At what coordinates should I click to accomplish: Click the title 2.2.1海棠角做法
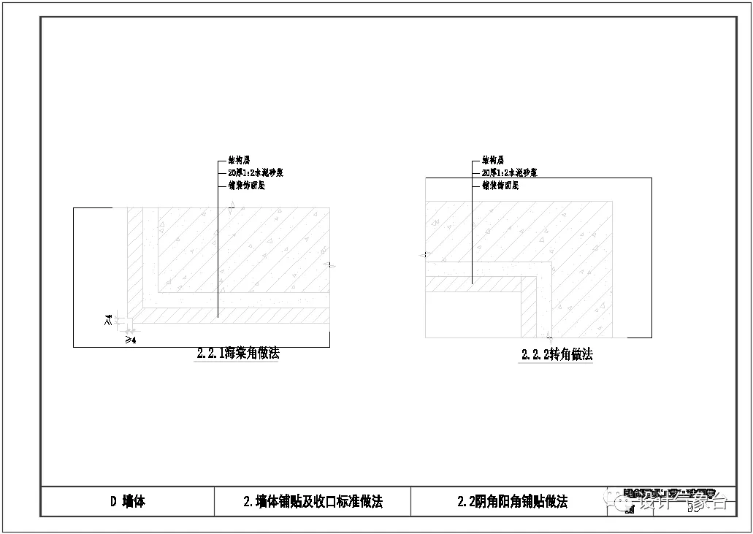238,354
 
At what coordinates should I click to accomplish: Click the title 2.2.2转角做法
557,355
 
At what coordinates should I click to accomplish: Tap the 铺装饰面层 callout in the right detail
500,186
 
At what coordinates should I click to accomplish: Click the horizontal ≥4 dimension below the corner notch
131,340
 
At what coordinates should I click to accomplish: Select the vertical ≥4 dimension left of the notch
108,319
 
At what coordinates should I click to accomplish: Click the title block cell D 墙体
127,501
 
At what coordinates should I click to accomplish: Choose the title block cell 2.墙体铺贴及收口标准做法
313,501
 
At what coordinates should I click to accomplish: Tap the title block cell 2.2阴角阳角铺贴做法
512,501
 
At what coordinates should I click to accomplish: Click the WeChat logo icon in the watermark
626,502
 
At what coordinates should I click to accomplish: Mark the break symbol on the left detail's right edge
330,265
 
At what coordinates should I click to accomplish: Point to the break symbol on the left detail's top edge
232,207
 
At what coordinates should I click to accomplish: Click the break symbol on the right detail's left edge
424,255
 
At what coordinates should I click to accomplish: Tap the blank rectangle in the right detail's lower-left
472,314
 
